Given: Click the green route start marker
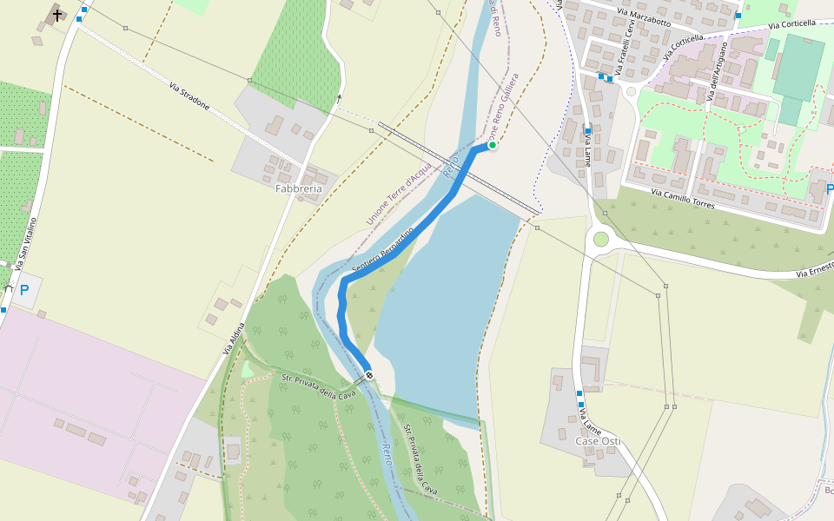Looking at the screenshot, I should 492,145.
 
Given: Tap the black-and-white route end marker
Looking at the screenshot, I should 369,375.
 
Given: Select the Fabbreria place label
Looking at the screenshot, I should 299,188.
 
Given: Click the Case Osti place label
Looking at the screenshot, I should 598,441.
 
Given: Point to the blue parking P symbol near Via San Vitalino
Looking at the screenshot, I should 24,291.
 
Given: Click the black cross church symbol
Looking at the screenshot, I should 57,15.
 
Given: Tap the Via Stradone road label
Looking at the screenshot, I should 189,96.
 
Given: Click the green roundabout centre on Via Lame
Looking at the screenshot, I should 600,239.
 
